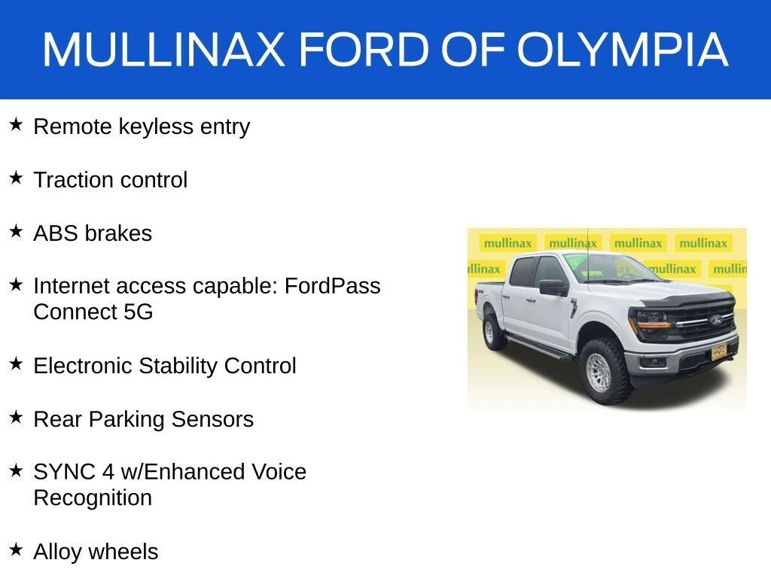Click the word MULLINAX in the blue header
pyautogui.click(x=163, y=49)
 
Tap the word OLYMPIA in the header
pyautogui.click(x=622, y=49)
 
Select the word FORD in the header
pyautogui.click(x=364, y=49)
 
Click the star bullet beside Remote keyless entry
pyautogui.click(x=16, y=124)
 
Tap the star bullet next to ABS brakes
pyautogui.click(x=16, y=231)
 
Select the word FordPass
pyautogui.click(x=332, y=286)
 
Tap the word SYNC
pyautogui.click(x=64, y=472)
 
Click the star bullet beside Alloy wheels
pyautogui.click(x=16, y=549)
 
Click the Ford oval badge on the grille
pyautogui.click(x=717, y=321)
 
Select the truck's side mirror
pyautogui.click(x=553, y=287)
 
